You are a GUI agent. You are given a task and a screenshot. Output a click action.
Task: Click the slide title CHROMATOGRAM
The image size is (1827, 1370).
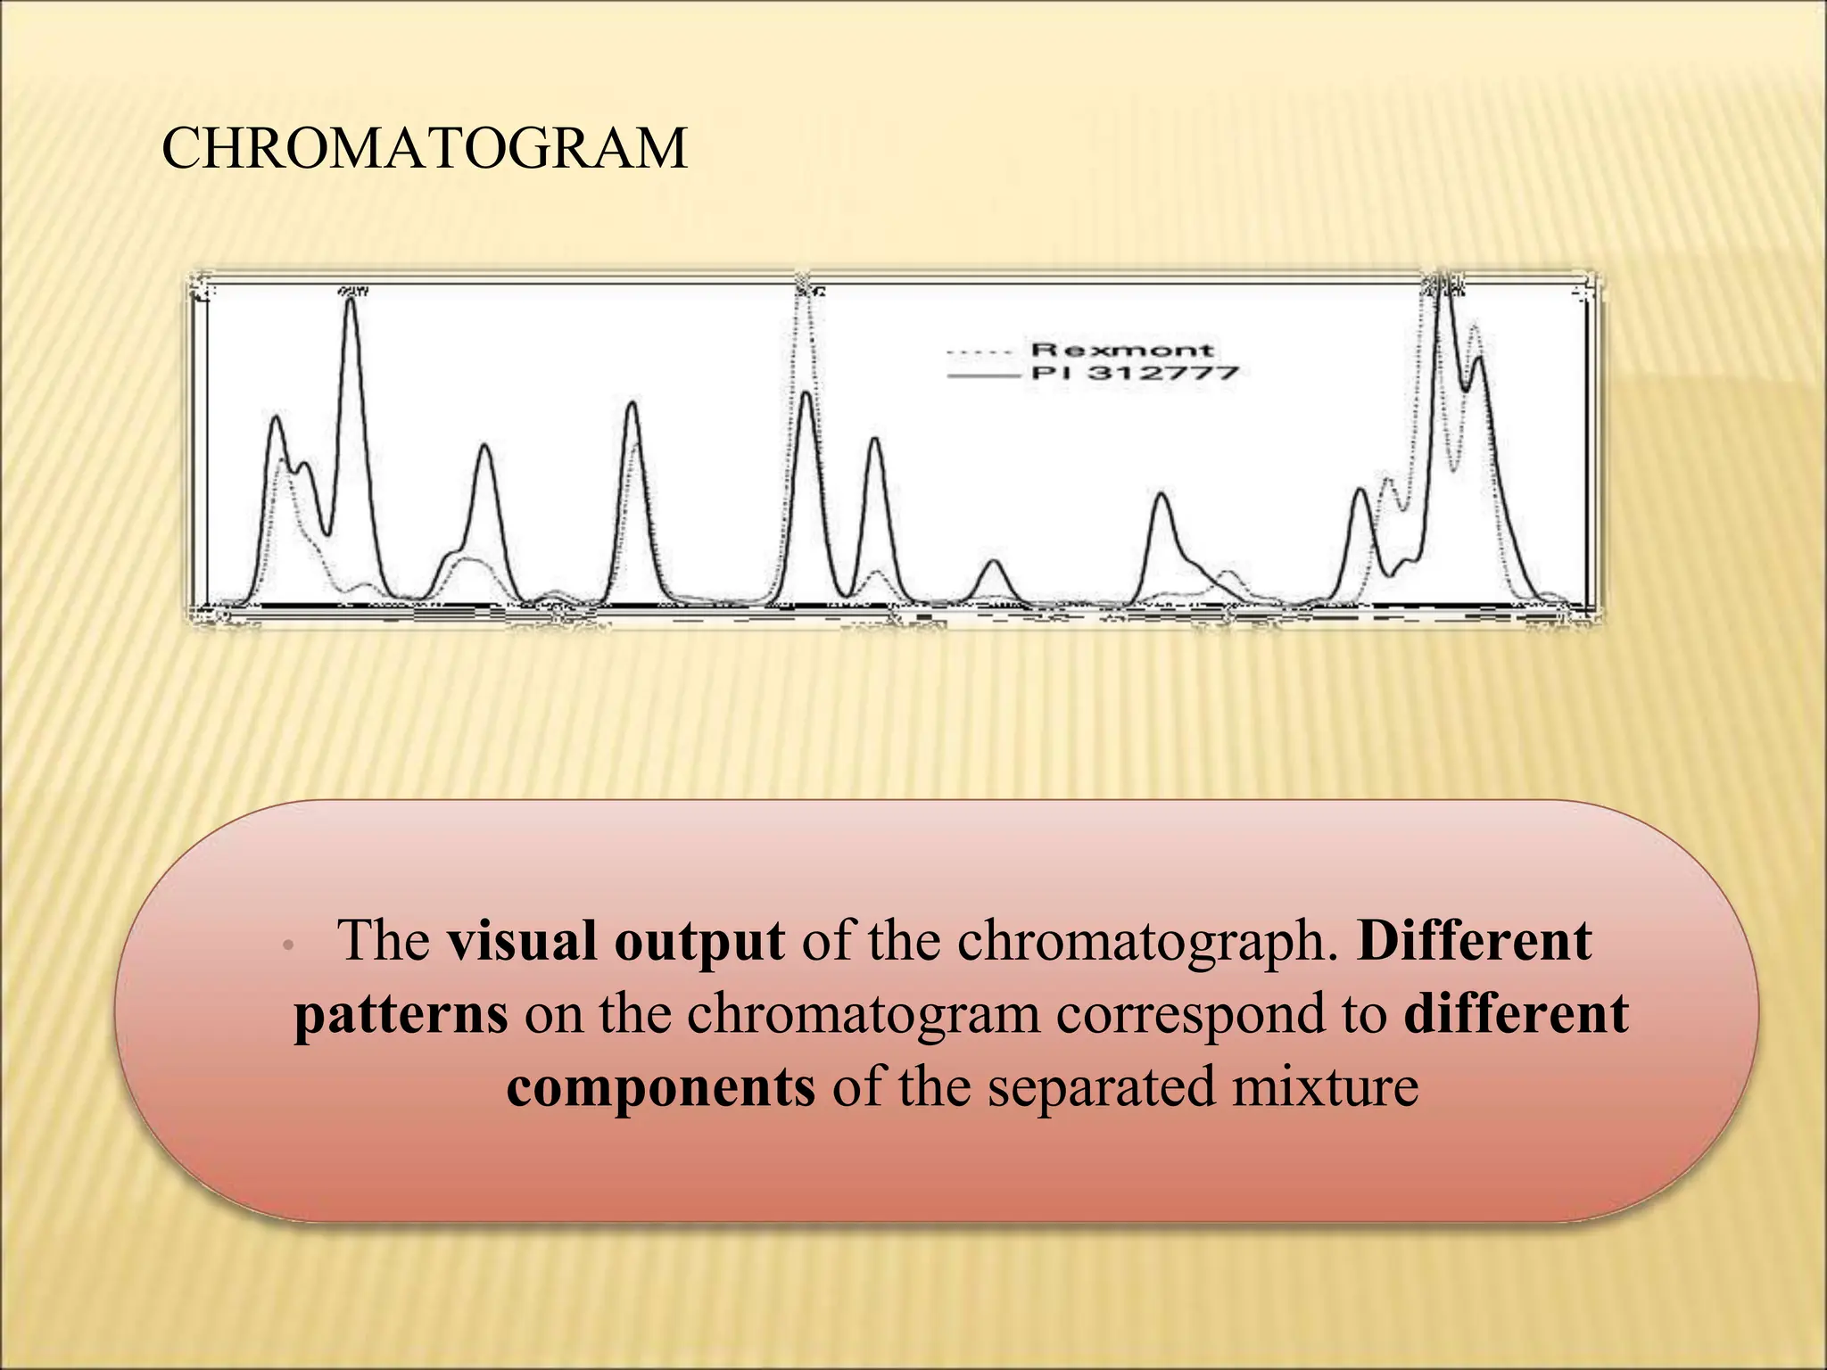425,149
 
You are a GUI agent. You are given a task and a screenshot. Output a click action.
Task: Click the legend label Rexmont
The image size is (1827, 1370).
1121,350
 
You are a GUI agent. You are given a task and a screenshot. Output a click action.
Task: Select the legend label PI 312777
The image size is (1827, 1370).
1135,373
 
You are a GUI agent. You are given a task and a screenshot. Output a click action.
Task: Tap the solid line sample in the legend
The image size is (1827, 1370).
983,376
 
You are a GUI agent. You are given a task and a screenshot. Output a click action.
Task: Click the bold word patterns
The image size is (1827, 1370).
401,1015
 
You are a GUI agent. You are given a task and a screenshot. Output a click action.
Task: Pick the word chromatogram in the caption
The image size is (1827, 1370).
864,1015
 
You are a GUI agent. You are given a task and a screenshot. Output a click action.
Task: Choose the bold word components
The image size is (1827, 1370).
661,1087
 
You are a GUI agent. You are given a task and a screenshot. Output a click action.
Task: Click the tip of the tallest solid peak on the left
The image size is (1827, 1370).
351,301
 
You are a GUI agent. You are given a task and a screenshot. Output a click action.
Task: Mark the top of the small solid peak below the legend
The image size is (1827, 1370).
994,561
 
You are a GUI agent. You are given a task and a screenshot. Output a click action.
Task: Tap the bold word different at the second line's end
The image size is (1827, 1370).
1517,1015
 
